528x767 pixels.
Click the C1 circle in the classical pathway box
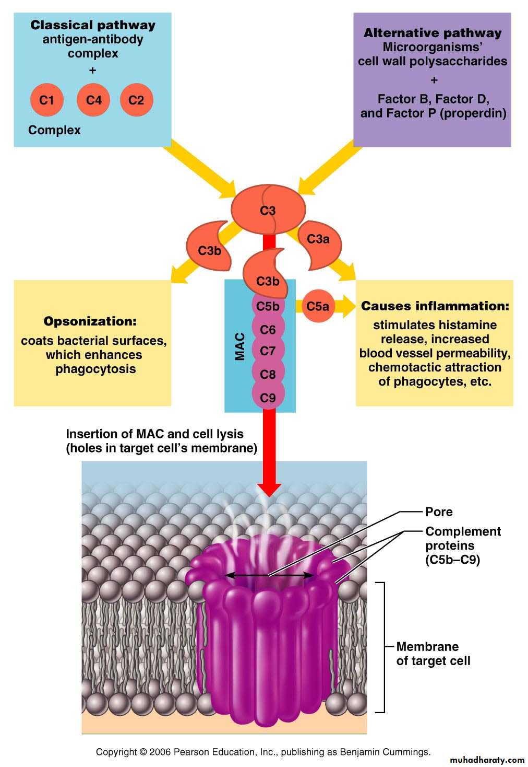point(46,99)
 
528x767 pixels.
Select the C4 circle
point(93,99)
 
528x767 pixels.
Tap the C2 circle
point(136,99)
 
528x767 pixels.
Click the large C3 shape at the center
point(268,210)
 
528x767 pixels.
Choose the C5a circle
point(317,306)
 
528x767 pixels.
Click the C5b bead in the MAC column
point(268,306)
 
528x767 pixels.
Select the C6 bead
point(268,329)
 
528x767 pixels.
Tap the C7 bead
point(268,351)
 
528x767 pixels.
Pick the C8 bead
point(268,374)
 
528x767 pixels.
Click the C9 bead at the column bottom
point(268,398)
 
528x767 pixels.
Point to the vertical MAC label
point(240,346)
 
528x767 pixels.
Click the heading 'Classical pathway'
point(93,25)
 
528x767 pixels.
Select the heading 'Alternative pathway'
point(433,33)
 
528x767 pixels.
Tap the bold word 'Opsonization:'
point(90,321)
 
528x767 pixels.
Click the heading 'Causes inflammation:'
point(435,306)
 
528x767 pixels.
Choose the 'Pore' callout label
point(439,512)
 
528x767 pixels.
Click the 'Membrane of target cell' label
point(433,654)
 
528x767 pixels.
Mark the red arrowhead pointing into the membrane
point(269,489)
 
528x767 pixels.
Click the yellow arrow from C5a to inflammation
point(345,306)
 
